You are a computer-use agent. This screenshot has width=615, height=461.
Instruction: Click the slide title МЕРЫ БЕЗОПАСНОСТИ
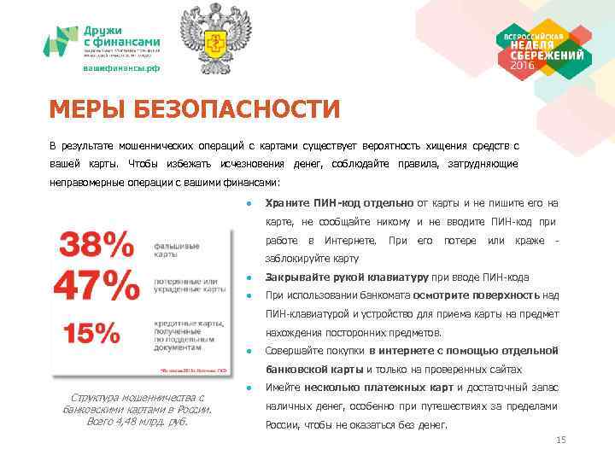(x=194, y=110)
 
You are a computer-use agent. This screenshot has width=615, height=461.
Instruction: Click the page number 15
(x=561, y=440)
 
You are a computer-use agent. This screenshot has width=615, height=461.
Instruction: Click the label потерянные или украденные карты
(x=190, y=285)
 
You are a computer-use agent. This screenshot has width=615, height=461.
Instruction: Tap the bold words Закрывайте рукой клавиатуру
(x=347, y=277)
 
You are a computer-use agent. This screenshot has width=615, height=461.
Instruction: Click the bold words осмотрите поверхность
(x=498, y=295)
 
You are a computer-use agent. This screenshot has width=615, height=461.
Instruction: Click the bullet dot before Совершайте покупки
(x=247, y=351)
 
